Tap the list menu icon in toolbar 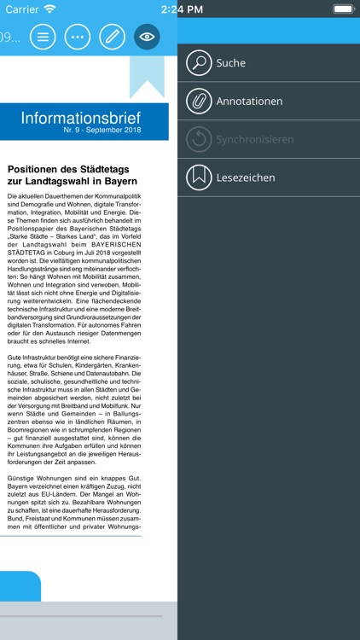click(43, 37)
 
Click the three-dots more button click(78, 37)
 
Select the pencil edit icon click(112, 37)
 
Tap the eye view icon click(147, 37)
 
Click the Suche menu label click(230, 63)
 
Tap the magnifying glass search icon click(199, 63)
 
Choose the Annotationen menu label click(249, 102)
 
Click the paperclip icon click(199, 102)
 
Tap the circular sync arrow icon click(199, 139)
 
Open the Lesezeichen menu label click(246, 177)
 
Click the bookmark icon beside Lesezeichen click(199, 177)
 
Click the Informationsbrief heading click(81, 118)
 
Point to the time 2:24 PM click(181, 9)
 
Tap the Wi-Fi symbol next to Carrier click(49, 9)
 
